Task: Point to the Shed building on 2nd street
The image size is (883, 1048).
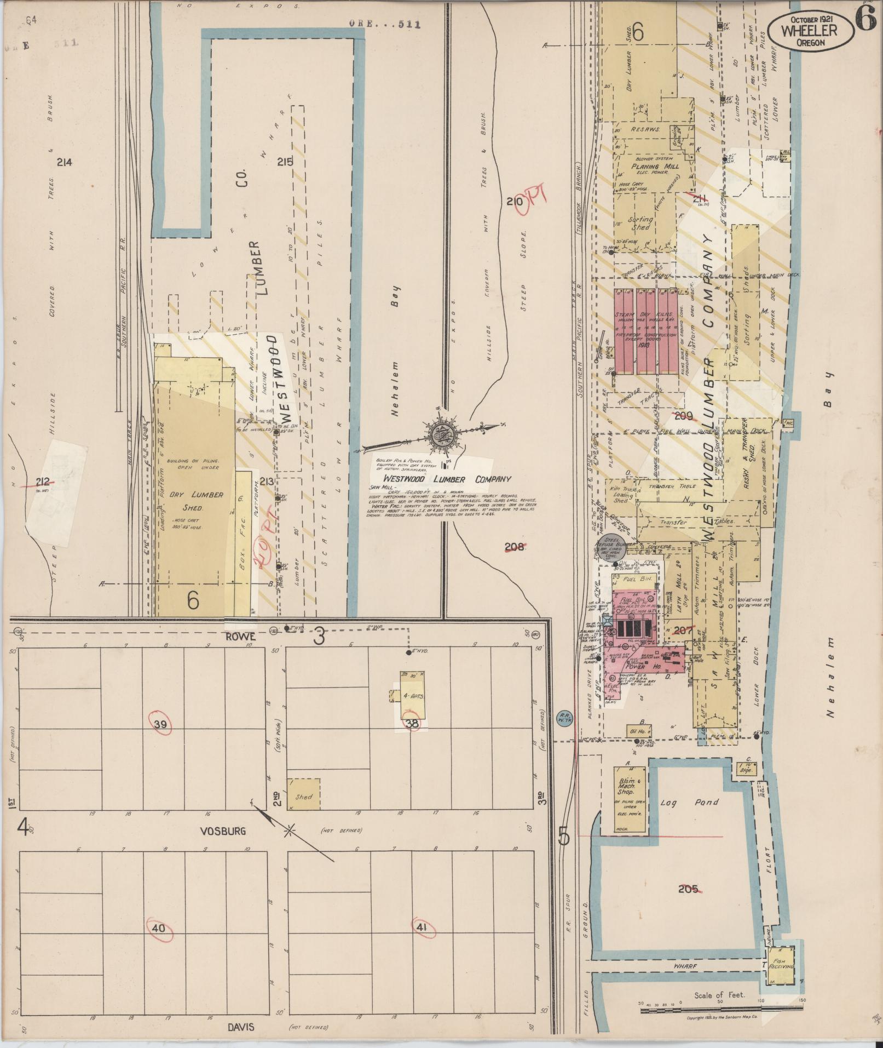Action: click(x=303, y=794)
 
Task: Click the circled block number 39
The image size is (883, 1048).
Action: click(x=161, y=725)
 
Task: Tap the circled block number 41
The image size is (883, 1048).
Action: click(x=422, y=927)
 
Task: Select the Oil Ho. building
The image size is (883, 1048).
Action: click(x=639, y=730)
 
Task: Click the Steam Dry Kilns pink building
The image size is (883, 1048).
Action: click(x=646, y=331)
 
